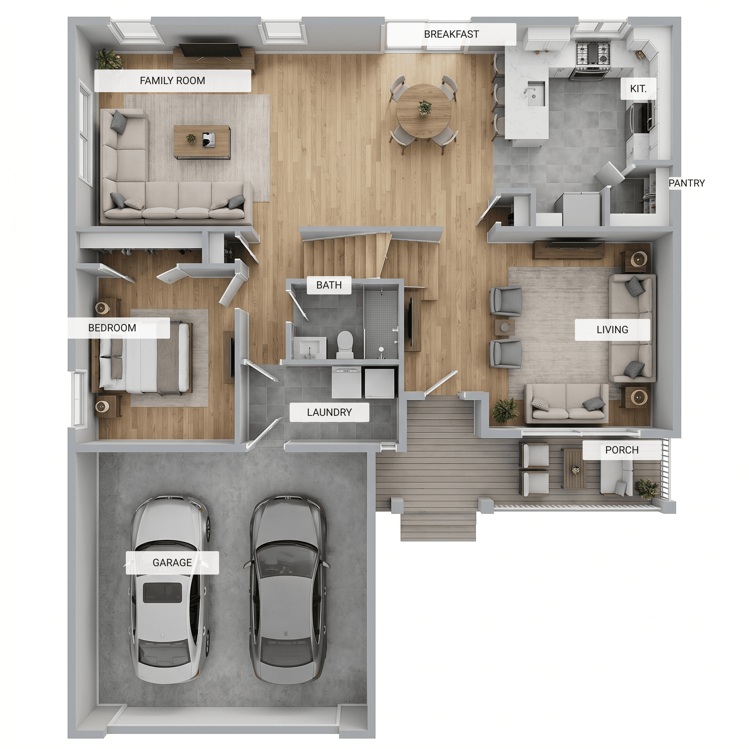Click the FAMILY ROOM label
click(x=173, y=80)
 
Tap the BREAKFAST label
click(x=451, y=34)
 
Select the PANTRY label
click(x=686, y=183)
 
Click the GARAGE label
click(x=172, y=562)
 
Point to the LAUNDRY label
click(x=329, y=412)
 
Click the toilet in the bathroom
click(x=345, y=344)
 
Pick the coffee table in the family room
click(x=202, y=142)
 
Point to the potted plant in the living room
click(x=505, y=410)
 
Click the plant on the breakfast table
click(x=425, y=107)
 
